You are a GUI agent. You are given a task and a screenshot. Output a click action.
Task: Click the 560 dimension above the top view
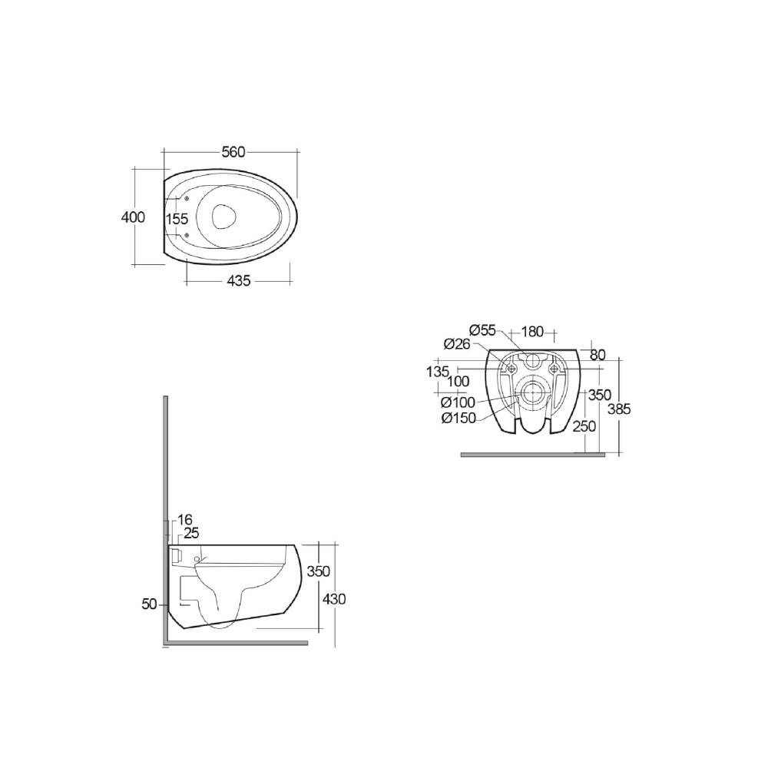click(233, 152)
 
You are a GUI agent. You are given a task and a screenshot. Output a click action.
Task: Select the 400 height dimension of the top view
click(133, 217)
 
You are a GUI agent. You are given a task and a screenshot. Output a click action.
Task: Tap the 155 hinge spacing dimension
click(177, 219)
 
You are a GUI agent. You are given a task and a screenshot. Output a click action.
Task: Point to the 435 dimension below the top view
click(239, 281)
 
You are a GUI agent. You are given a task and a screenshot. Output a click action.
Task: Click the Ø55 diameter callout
click(482, 330)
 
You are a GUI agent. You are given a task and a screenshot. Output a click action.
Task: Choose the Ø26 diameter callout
click(458, 343)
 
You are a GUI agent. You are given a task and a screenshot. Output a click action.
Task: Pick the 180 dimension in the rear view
click(531, 332)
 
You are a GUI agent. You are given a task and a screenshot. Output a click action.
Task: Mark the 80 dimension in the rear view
click(598, 355)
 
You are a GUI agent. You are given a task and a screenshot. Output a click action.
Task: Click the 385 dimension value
click(617, 409)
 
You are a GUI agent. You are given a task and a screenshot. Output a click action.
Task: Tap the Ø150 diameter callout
click(458, 418)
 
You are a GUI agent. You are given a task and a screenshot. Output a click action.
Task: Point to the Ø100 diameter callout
click(458, 402)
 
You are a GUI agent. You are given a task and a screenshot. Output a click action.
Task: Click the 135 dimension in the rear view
click(437, 372)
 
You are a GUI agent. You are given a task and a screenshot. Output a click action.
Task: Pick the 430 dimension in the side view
click(335, 598)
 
